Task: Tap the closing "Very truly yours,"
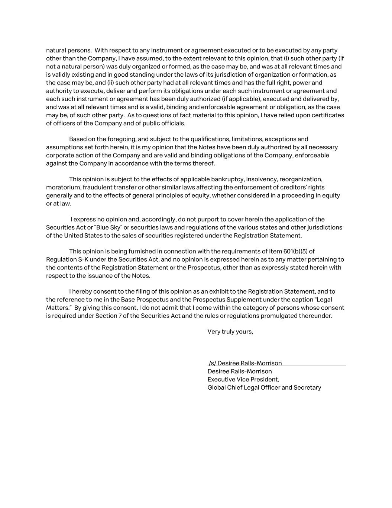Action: click(x=230, y=332)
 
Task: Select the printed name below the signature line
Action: click(x=240, y=371)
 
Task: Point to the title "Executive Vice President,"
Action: click(x=243, y=379)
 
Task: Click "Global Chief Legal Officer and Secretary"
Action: click(x=264, y=387)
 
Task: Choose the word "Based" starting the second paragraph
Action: click(x=78, y=139)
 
